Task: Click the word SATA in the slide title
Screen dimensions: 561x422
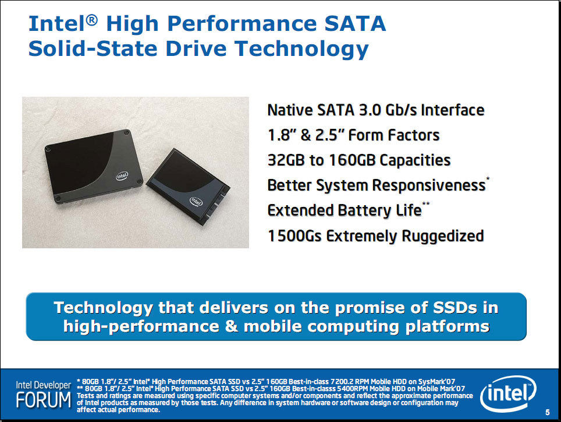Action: tap(355, 24)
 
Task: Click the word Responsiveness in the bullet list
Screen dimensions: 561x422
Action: tap(429, 185)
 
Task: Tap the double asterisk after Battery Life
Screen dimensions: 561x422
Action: tap(426, 204)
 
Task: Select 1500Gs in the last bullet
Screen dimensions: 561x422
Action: tap(295, 236)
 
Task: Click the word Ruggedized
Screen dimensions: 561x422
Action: tap(443, 237)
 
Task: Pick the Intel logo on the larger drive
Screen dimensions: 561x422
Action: tap(122, 176)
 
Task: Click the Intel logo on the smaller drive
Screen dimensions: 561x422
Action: tap(196, 201)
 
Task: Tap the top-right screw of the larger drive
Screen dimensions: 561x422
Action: tap(126, 133)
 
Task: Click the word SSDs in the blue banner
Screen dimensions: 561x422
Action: tap(455, 307)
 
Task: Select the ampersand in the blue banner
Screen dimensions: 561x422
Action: tap(232, 326)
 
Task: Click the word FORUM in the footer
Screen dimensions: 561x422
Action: tap(44, 400)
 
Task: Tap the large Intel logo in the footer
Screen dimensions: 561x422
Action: tap(508, 393)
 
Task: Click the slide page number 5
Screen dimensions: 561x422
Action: tap(548, 412)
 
